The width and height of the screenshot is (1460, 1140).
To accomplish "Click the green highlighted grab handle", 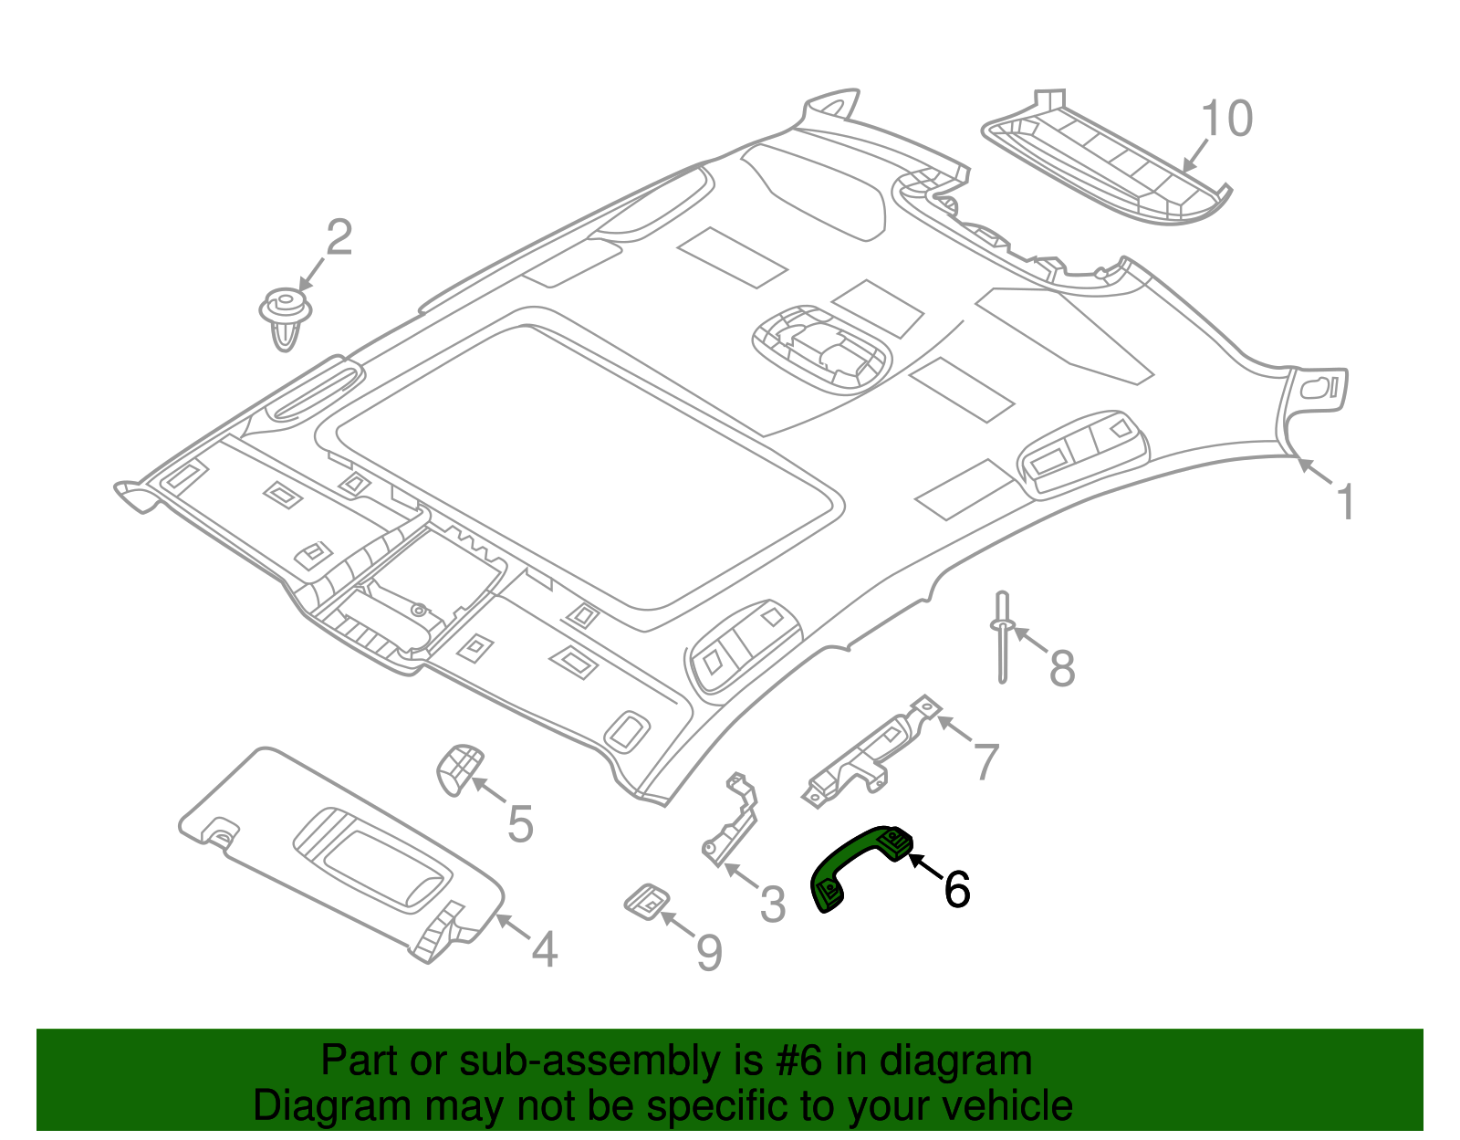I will tap(853, 863).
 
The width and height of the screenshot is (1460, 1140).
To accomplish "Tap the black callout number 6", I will tap(956, 890).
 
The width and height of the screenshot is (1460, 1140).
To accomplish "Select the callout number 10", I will tap(1226, 120).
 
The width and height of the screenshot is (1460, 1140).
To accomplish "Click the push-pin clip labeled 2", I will tap(286, 315).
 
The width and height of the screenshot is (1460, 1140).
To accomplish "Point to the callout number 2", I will tap(339, 238).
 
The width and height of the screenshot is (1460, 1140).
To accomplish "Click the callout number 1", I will tap(1345, 503).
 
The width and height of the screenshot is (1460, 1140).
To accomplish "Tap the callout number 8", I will tap(1061, 668).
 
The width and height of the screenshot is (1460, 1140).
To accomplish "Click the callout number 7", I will tap(985, 762).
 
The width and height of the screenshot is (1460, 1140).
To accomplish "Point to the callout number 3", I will tap(772, 905).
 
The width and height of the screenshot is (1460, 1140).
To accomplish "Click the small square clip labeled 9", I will tap(647, 901).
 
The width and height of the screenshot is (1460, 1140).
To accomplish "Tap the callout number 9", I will tap(709, 954).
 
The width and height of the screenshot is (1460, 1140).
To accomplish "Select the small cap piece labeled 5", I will tap(459, 769).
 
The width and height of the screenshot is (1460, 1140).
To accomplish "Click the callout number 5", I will tap(519, 825).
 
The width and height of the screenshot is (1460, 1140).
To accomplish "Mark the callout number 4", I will tap(544, 950).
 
